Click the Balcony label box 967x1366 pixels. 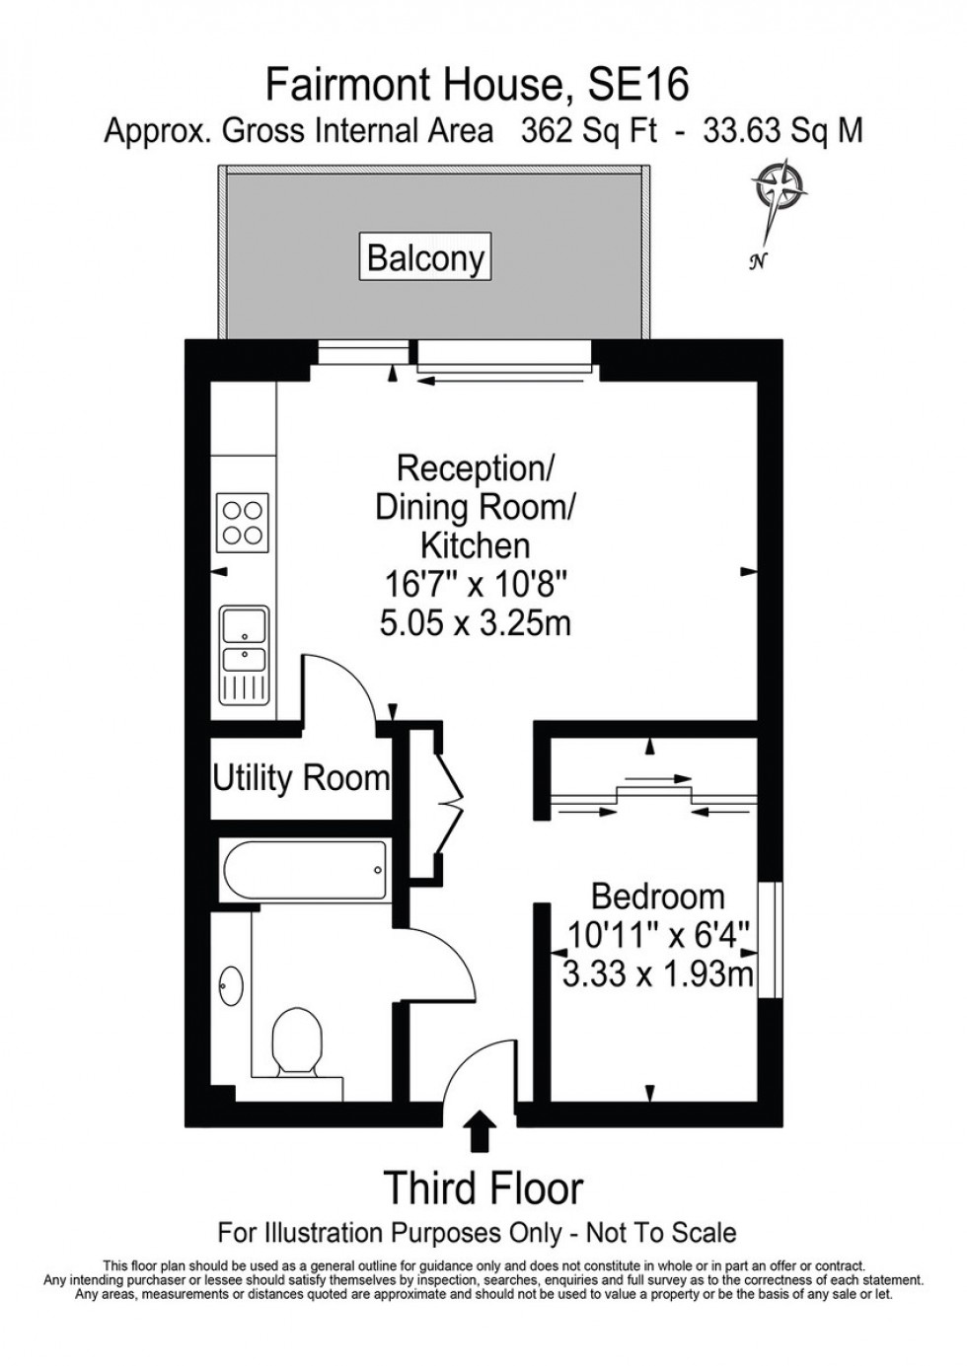pyautogui.click(x=425, y=257)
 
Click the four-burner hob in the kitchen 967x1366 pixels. pyautogui.click(x=243, y=522)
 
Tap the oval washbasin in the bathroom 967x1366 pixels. pyautogui.click(x=231, y=983)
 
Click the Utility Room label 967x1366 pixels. pyautogui.click(x=301, y=778)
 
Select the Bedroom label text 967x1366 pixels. pyautogui.click(x=657, y=897)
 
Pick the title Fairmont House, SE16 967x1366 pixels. pyautogui.click(x=478, y=86)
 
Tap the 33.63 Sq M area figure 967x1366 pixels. pyautogui.click(x=782, y=131)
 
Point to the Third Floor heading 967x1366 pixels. pyautogui.click(x=483, y=1188)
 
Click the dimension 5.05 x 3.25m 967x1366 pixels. pyautogui.click(x=476, y=623)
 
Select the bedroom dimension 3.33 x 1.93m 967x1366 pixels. pyautogui.click(x=657, y=975)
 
